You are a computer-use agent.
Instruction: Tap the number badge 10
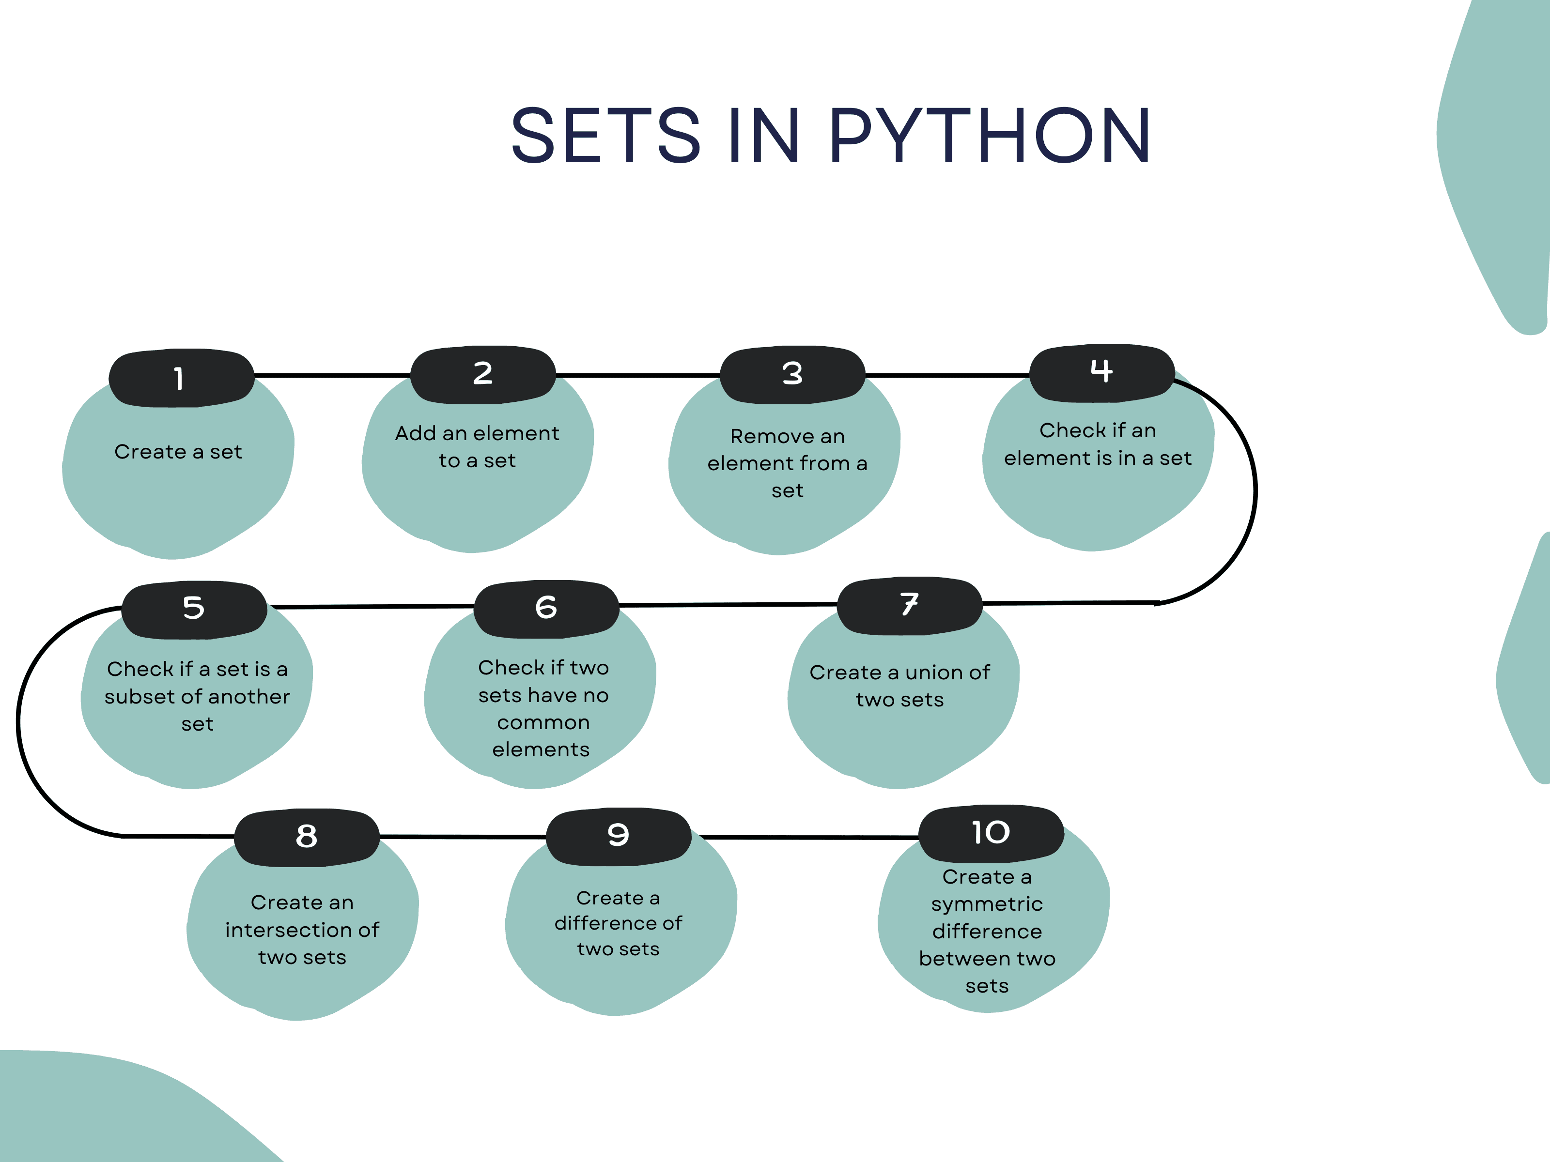click(x=991, y=834)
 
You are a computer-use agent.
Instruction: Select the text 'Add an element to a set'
click(x=477, y=447)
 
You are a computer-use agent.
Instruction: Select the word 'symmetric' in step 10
click(x=987, y=904)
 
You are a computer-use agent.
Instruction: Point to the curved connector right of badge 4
click(x=1255, y=490)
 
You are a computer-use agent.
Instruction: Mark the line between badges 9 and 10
click(x=806, y=837)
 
